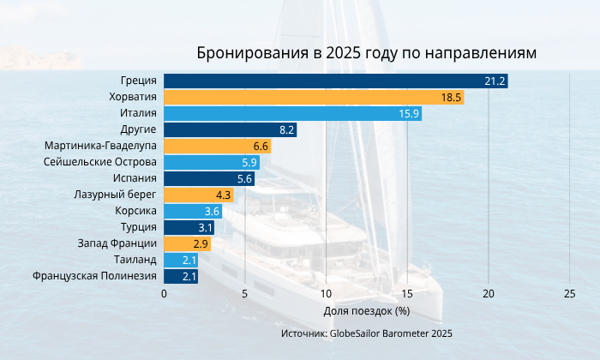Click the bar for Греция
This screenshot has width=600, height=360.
pos(335,81)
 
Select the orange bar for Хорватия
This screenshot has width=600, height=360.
pos(314,98)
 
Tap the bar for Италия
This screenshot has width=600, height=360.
pos(292,114)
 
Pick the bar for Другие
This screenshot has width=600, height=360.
pos(230,130)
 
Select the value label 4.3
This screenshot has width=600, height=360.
pos(224,195)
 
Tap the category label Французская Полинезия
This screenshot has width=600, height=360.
pos(94,277)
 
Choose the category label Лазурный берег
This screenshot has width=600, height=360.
pos(114,195)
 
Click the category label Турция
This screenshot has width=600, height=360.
pos(139,228)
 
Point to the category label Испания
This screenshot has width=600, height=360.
pos(135,179)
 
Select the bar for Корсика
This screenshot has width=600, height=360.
pos(193,212)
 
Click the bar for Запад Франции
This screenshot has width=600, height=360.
pos(187,244)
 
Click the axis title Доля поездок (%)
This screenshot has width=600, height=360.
pos(367,310)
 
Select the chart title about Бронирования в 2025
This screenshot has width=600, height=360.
pos(367,53)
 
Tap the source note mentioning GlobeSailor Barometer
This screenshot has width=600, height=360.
pos(367,333)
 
